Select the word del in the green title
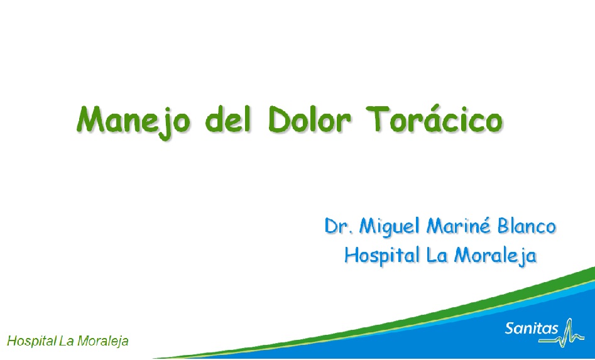[x=228, y=119]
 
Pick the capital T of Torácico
[x=378, y=119]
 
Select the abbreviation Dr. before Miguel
[x=339, y=226]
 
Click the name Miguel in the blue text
[x=390, y=227]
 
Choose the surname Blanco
[x=527, y=226]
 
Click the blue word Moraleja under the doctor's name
[x=495, y=255]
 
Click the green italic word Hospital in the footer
[x=31, y=341]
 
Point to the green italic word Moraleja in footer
[x=102, y=341]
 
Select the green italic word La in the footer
[x=67, y=341]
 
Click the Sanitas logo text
[x=532, y=328]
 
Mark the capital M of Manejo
[x=91, y=119]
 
